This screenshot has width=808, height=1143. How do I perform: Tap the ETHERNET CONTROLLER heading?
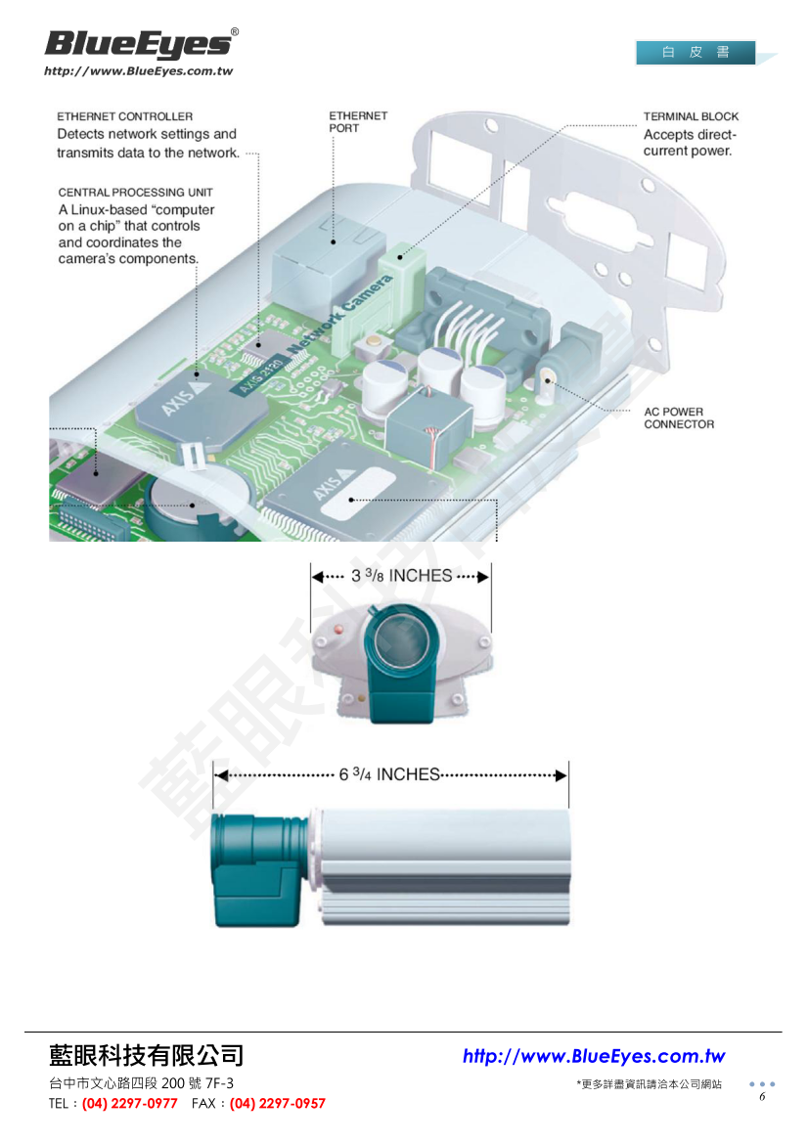pos(124,116)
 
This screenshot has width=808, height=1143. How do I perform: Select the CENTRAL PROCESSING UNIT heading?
pos(135,193)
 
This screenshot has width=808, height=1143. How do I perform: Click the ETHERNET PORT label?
pos(358,121)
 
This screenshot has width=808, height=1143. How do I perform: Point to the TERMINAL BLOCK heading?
pos(691,116)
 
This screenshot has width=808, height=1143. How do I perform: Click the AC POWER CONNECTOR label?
pos(679,418)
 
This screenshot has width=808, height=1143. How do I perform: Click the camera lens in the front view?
pos(402,640)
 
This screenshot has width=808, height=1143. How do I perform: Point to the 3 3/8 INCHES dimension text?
pos(401,576)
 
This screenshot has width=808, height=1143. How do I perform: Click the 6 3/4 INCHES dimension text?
pos(389,774)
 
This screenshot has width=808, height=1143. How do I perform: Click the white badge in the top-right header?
pos(696,53)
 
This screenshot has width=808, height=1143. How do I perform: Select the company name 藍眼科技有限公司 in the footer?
pos(147,1056)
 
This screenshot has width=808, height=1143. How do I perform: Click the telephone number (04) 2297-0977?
pos(130,1104)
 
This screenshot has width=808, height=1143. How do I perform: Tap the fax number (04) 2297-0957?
pos(278,1104)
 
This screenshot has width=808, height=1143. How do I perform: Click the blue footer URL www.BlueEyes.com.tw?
pos(594,1057)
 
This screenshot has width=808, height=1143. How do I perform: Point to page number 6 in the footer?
pos(762,1097)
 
